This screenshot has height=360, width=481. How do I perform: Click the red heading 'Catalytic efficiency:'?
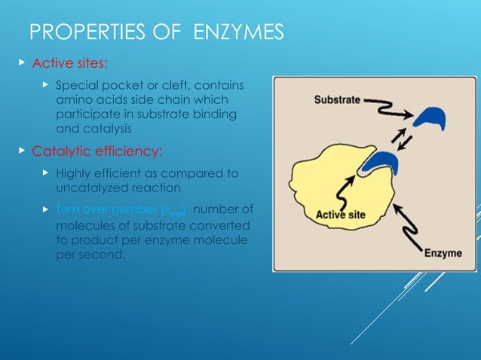[x=97, y=151]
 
